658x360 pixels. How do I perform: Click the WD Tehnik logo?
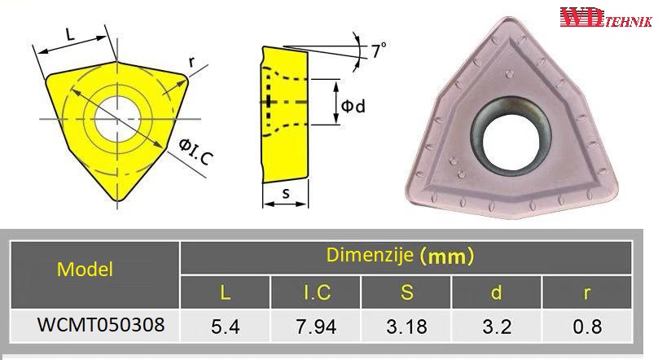[x=606, y=18]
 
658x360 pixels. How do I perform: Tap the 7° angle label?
[x=379, y=50]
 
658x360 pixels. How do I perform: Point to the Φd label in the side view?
[x=353, y=106]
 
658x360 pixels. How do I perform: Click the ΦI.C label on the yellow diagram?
[x=196, y=151]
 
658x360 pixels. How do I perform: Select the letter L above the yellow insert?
[x=70, y=34]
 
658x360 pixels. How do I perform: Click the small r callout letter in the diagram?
[x=191, y=62]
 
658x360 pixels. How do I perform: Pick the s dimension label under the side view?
[x=286, y=193]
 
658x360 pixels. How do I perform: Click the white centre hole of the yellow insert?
[x=117, y=119]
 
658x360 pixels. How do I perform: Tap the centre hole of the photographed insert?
[x=511, y=137]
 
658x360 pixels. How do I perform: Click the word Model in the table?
[x=85, y=269]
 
